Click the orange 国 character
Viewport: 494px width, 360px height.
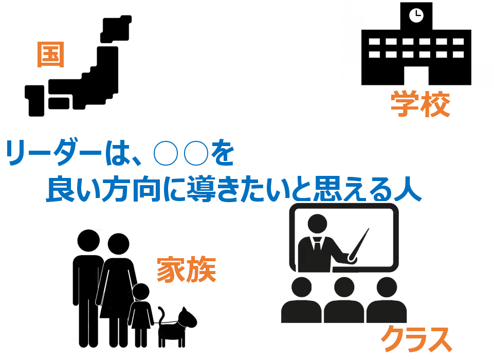[x=51, y=55]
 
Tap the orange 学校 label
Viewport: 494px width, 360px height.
[x=420, y=104]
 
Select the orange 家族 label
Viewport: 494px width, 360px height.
[x=187, y=269]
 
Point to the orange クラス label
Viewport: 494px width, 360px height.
[x=416, y=339]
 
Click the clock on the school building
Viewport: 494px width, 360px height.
[x=416, y=15]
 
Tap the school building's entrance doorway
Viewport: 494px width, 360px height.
[x=416, y=76]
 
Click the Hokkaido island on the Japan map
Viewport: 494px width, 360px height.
[x=116, y=29]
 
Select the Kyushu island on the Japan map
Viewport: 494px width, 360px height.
[x=34, y=101]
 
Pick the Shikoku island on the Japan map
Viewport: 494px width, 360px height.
[x=59, y=103]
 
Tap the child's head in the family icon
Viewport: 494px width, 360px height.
[x=141, y=292]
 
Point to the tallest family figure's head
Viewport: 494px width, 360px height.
[x=88, y=241]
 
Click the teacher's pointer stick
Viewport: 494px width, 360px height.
[x=359, y=245]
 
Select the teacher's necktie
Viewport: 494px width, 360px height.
[x=317, y=244]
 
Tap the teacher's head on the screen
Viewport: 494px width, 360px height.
[x=317, y=224]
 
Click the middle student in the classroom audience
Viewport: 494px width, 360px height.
[x=344, y=300]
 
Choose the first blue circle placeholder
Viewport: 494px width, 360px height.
[x=166, y=154]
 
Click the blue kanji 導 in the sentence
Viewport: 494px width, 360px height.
[x=201, y=189]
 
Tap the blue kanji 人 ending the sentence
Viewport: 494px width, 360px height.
[x=408, y=189]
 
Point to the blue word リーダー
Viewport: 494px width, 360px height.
[x=53, y=153]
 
